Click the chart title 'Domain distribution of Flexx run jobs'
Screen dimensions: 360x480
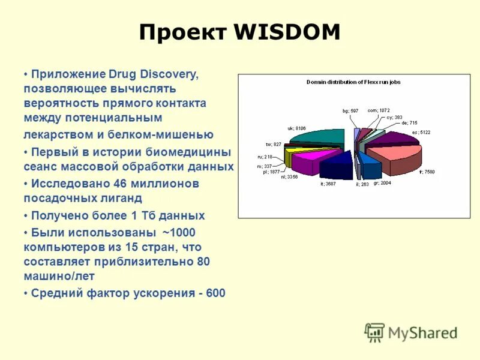[353, 82]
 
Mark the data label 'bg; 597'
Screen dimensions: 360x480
[350, 110]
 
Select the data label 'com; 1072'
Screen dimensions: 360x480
[379, 110]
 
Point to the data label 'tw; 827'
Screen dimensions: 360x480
[273, 144]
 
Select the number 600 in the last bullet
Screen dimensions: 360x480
[215, 293]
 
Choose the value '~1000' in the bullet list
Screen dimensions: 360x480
[179, 232]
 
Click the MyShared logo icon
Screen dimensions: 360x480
[374, 332]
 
